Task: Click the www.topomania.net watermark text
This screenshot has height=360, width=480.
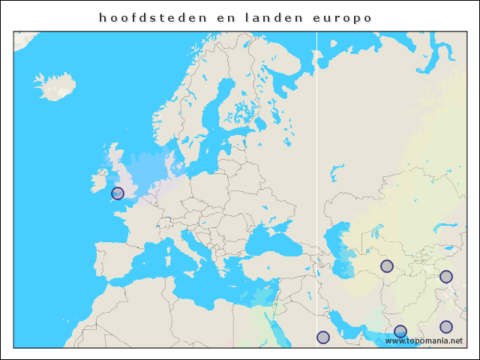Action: pyautogui.click(x=424, y=340)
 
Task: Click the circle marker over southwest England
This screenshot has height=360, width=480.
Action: pyautogui.click(x=118, y=193)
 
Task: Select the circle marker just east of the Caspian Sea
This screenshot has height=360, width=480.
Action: pyautogui.click(x=387, y=266)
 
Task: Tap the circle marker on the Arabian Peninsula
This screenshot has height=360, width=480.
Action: pyautogui.click(x=323, y=337)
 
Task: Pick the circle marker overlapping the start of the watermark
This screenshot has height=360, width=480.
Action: pyautogui.click(x=400, y=331)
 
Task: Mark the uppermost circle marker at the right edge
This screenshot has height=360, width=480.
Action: pyautogui.click(x=446, y=277)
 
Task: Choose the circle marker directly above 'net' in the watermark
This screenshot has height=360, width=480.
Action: pyautogui.click(x=446, y=327)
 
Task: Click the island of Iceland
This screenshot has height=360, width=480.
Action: pyautogui.click(x=55, y=85)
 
